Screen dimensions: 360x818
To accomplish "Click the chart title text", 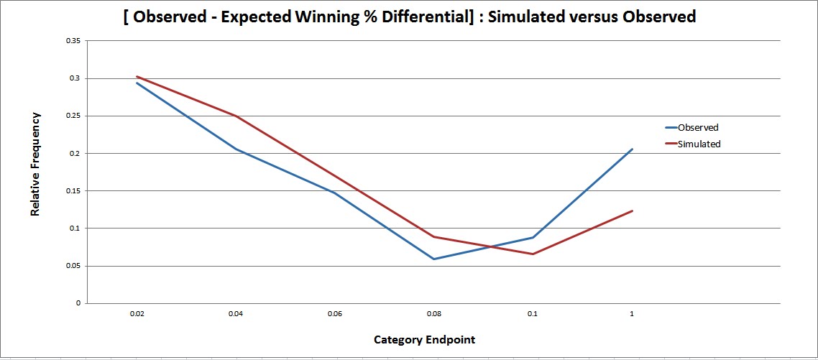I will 409,17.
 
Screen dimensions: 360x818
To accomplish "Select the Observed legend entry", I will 697,128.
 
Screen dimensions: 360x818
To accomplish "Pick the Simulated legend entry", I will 699,144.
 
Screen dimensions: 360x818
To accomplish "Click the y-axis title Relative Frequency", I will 35,164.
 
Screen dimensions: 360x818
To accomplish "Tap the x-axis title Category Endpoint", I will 424,339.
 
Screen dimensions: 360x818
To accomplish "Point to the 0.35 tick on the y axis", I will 73,41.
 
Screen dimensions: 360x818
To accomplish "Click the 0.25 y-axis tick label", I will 73,116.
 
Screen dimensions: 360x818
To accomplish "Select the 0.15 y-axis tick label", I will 73,190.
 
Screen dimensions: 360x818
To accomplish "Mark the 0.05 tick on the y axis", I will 73,266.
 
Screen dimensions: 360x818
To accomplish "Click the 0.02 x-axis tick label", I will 136,314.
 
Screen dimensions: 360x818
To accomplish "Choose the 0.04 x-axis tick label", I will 235,314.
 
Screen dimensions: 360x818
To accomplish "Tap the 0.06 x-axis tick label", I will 334,314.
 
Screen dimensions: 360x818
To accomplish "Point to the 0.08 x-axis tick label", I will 433,314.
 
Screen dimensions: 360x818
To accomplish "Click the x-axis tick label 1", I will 632,314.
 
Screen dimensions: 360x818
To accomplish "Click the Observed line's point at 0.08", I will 433,259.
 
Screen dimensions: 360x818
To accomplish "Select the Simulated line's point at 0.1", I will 533,254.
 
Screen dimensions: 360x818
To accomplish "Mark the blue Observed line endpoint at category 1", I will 632,149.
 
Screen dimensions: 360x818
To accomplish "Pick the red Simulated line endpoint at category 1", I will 632,211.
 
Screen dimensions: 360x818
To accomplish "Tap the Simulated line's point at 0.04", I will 235,116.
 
